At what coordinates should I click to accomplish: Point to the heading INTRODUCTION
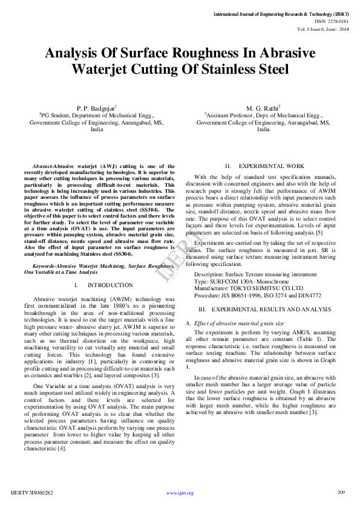point(110,285)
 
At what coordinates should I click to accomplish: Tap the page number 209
point(341,492)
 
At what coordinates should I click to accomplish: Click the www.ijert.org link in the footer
point(180,493)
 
